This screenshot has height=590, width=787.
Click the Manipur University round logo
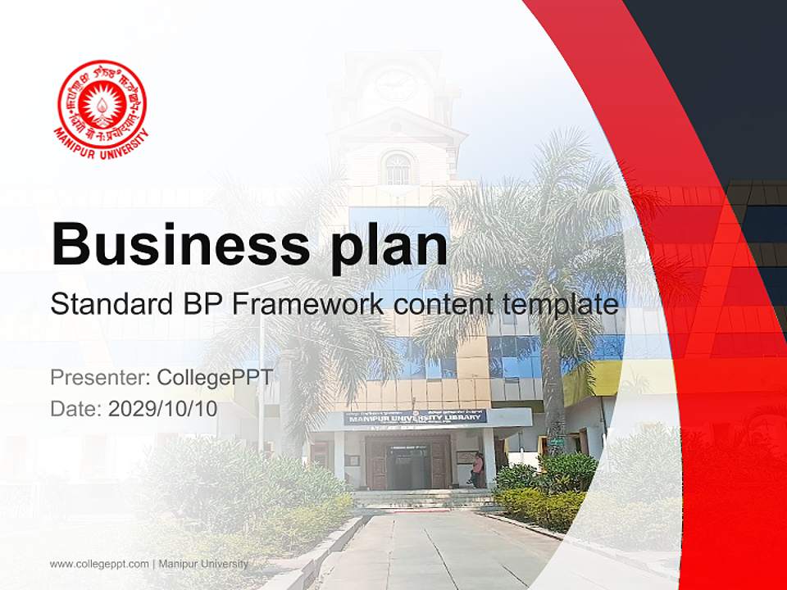pos(102,105)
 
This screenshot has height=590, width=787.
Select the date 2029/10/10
pos(163,409)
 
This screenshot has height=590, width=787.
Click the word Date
pos(75,409)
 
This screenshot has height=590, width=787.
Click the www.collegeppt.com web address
pos(99,564)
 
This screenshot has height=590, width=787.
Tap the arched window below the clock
pos(397,168)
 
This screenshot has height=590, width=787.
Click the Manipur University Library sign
pos(415,417)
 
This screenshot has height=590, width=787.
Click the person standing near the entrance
pos(477,470)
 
